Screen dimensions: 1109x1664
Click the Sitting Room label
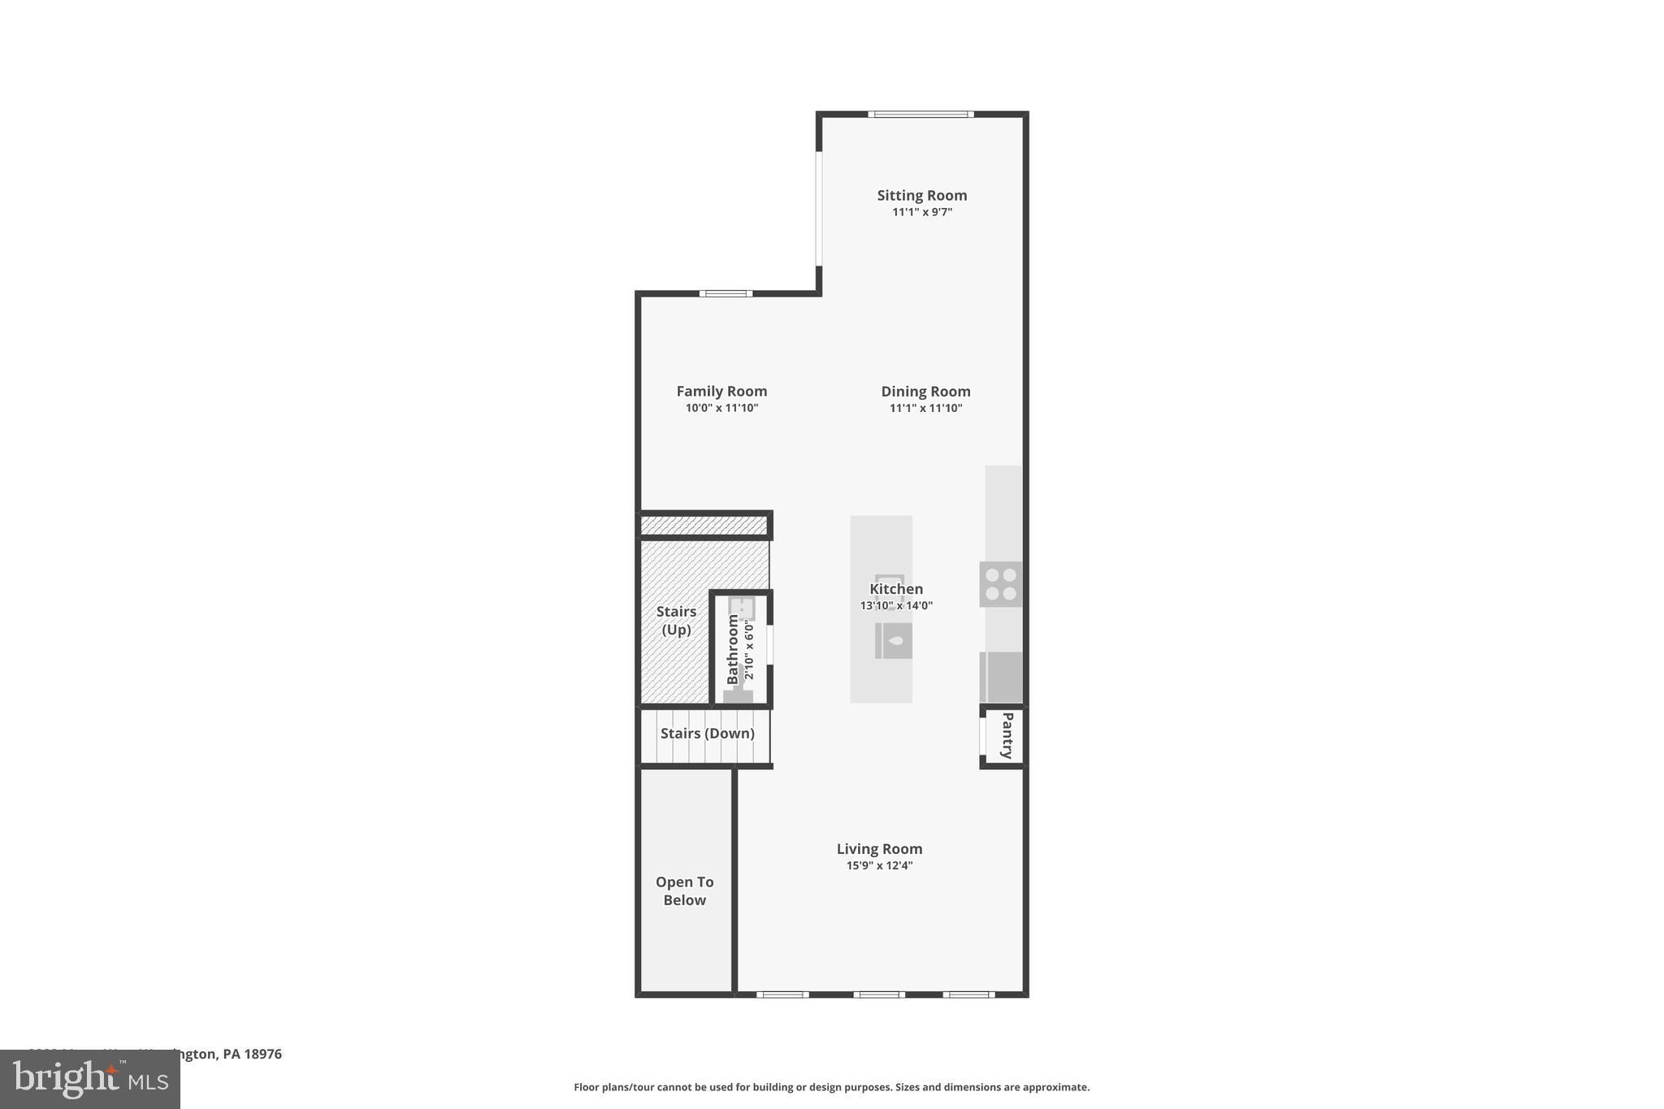click(x=921, y=195)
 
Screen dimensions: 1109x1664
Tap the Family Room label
click(x=721, y=391)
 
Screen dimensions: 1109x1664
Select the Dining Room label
click(x=925, y=391)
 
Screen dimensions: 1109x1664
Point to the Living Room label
click(x=879, y=848)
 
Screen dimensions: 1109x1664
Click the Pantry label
click(x=1007, y=735)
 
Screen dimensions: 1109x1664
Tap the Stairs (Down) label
click(x=707, y=733)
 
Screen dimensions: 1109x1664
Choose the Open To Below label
click(x=684, y=890)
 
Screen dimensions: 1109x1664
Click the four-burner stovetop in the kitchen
click(x=1000, y=584)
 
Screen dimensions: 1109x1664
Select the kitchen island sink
click(x=894, y=640)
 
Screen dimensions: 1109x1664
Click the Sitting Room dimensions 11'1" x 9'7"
click(x=921, y=212)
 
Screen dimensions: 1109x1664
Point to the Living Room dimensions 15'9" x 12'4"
click(x=879, y=865)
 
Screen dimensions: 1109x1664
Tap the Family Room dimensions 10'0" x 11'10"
click(x=721, y=408)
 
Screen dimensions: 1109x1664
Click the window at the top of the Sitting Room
click(x=921, y=115)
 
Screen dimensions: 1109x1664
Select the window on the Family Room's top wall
click(x=726, y=293)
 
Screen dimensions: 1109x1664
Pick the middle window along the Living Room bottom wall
click(x=878, y=994)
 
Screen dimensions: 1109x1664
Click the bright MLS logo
click(x=89, y=1079)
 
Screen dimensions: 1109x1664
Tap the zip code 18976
click(x=263, y=1054)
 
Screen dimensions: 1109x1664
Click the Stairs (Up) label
click(x=676, y=620)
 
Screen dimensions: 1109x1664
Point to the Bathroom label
click(x=733, y=648)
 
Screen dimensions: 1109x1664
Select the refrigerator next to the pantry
click(x=1001, y=677)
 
